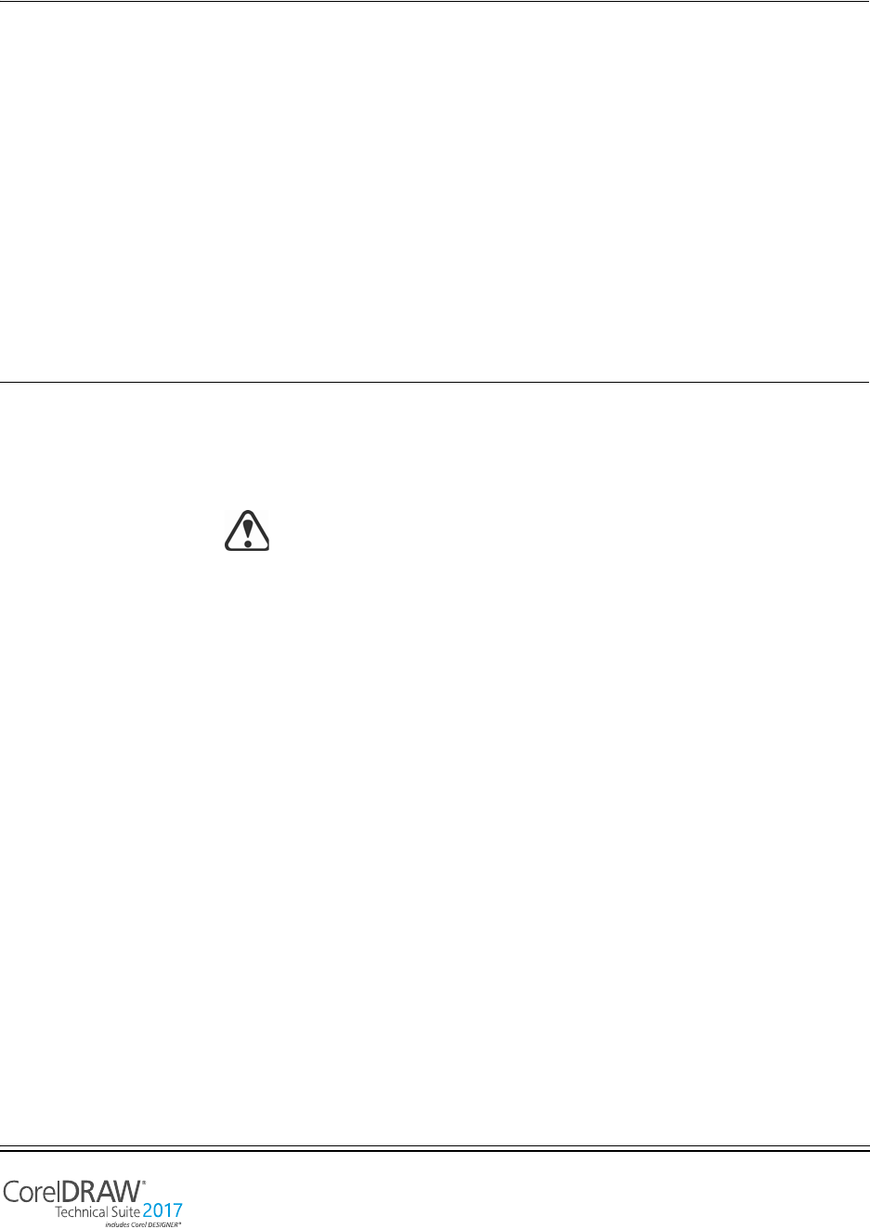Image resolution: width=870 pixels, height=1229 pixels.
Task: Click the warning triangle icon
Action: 247,530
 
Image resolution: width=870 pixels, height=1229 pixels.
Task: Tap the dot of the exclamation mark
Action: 247,543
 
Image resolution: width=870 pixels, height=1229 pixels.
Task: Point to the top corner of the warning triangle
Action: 247,512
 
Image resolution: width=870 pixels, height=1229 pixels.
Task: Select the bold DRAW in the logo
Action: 100,1192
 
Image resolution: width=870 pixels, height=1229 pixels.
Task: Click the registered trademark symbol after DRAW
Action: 143,1183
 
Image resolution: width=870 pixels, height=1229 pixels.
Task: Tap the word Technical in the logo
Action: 83,1212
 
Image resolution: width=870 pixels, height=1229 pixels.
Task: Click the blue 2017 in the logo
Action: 162,1211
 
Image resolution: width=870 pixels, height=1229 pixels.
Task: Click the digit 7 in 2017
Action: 176,1211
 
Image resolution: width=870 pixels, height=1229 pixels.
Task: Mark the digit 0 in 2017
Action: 158,1211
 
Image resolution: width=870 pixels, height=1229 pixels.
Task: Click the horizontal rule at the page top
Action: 435,1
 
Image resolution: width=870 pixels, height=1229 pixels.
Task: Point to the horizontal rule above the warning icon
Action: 435,382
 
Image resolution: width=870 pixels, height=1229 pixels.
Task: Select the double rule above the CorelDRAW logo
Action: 435,1148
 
